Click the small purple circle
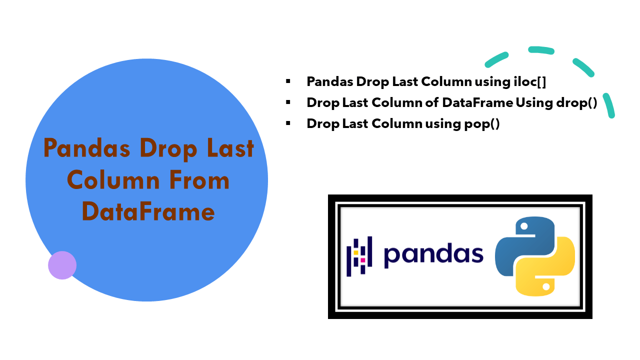click(x=62, y=265)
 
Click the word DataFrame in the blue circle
click(x=148, y=211)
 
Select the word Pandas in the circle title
click(x=87, y=148)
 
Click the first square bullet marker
click(x=288, y=80)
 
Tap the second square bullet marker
click(x=288, y=102)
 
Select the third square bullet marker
click(x=288, y=123)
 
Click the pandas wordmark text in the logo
click(x=433, y=255)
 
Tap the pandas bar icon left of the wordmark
click(x=359, y=256)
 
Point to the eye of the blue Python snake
click(x=524, y=226)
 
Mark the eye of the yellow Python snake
click(x=546, y=286)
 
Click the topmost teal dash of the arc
click(x=541, y=50)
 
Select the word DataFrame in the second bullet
click(x=477, y=102)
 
